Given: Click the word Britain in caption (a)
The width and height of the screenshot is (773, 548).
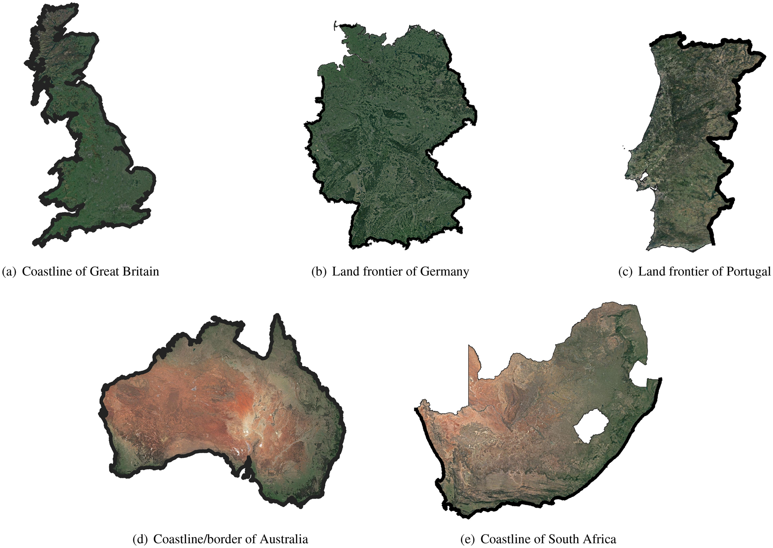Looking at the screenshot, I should coord(141,271).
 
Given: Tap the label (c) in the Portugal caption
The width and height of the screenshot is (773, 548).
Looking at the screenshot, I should coord(625,271).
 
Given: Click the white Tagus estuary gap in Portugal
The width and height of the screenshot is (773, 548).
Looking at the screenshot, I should coord(644,178).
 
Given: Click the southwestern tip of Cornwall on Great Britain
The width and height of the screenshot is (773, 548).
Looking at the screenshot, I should coord(36,243).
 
